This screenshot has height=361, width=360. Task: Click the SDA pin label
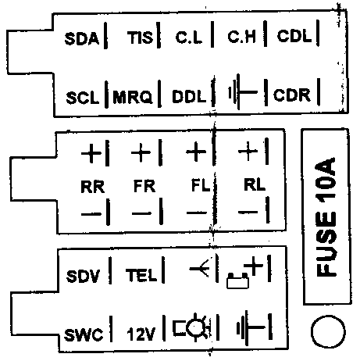point(82,38)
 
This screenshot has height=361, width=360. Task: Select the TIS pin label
point(140,38)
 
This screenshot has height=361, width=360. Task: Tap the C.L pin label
point(189,38)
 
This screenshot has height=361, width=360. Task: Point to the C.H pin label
point(241,37)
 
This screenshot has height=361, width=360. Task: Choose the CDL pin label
point(294,36)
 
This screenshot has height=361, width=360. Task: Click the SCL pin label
point(83,98)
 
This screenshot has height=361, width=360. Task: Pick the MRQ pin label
point(133,97)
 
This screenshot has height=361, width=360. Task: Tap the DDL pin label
point(189,96)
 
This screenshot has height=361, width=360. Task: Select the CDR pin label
point(292,95)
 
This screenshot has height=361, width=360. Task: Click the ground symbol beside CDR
point(242,92)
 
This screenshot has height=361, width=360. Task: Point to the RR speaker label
point(93,187)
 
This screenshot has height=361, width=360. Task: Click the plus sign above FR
point(141,152)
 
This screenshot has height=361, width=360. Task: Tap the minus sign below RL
point(248,213)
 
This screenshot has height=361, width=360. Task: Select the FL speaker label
point(201,185)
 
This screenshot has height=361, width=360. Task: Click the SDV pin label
point(83,276)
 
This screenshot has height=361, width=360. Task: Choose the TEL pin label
point(141,275)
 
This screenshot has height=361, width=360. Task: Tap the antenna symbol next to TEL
point(199,268)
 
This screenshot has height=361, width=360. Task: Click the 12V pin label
point(141,334)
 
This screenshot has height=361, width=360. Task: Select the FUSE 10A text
point(326,216)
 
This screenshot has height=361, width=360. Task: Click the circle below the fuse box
point(328,316)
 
